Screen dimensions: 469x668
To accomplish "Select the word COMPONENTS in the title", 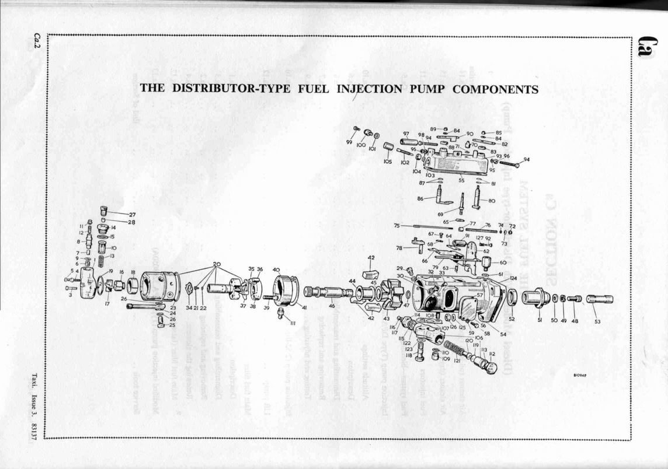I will tap(495, 89).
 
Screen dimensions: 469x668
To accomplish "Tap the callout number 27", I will tap(132, 214).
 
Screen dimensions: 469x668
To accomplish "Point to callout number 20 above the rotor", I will tap(217, 264).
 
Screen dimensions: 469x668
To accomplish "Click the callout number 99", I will tap(349, 142).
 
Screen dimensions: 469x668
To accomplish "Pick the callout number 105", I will tap(388, 162).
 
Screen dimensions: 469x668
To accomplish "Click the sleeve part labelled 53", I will tap(600, 299).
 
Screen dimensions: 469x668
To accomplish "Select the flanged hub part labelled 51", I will tap(537, 298).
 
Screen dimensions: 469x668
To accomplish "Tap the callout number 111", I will tap(293, 323).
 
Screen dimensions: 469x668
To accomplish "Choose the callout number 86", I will tap(420, 199).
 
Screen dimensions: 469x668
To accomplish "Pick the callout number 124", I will tap(513, 278).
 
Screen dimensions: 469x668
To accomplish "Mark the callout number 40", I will tap(276, 269).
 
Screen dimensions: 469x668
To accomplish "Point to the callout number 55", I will tap(461, 181).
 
